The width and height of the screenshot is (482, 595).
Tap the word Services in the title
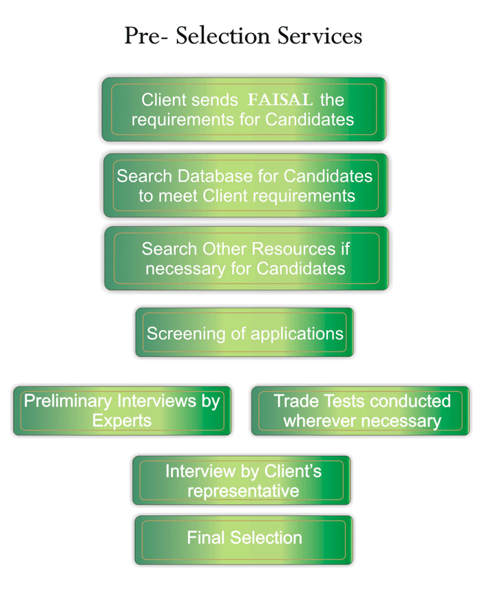pos(319,36)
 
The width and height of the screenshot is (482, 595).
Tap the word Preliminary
pos(68,401)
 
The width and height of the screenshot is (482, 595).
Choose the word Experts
pos(122,420)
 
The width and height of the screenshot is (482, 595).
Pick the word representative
pos(243,491)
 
